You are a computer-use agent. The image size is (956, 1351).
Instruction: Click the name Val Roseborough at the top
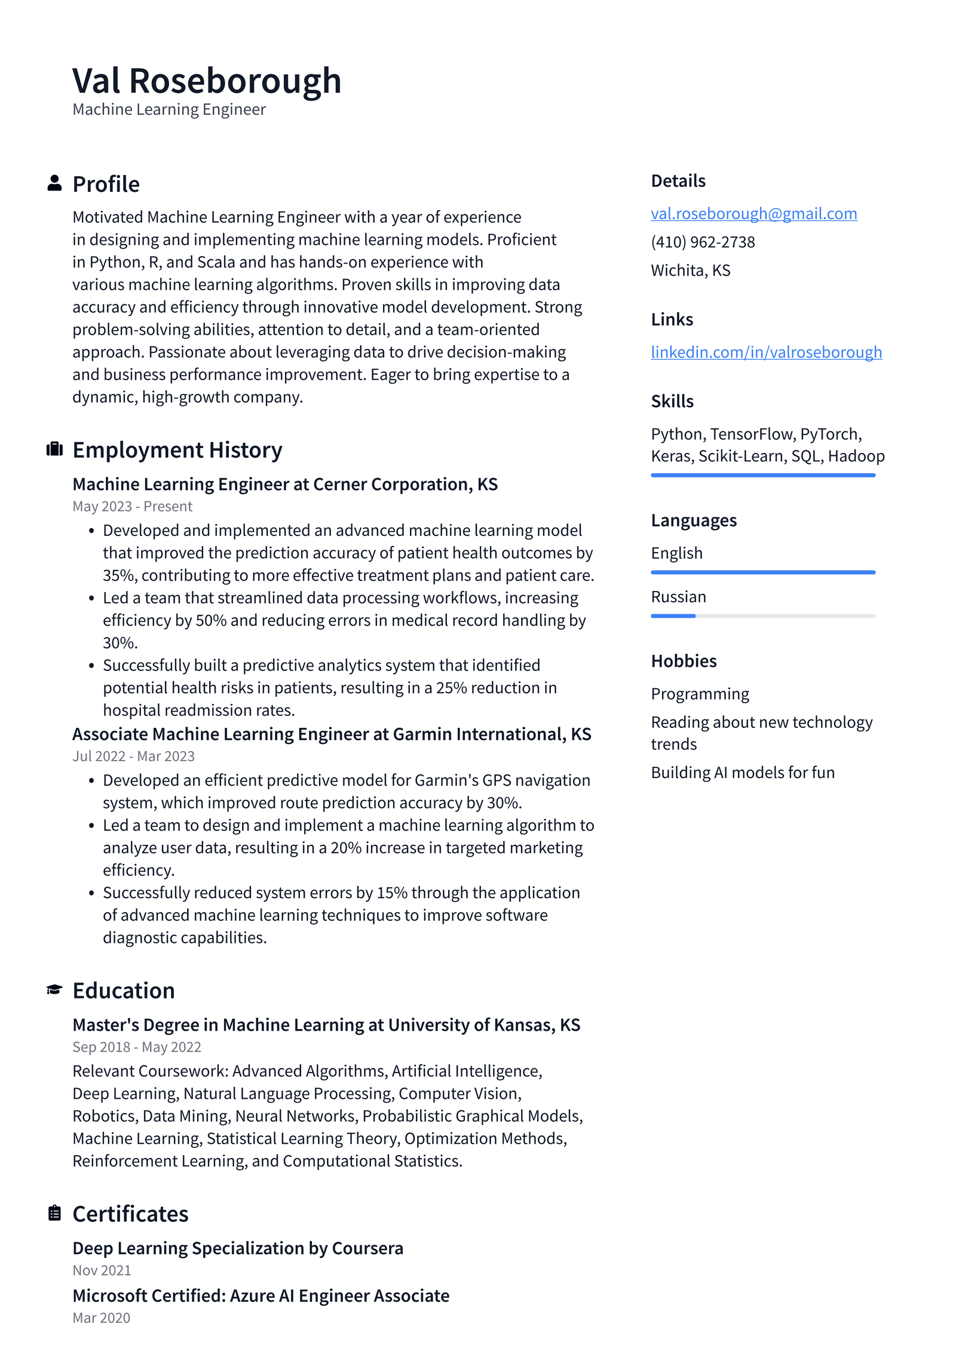coord(206,81)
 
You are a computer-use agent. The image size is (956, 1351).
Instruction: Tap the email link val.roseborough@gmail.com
coord(753,213)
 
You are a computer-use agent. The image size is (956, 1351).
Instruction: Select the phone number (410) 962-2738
coord(703,242)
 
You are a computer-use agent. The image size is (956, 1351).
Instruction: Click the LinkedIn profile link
coord(766,352)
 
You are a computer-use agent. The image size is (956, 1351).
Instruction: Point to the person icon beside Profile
coord(54,183)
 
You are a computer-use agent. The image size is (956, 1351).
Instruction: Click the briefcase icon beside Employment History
coord(54,449)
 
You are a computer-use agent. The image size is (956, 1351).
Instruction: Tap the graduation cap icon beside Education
coord(54,989)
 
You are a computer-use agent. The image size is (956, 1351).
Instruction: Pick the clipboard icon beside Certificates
coord(54,1213)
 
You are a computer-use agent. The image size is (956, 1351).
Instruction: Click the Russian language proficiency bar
coord(762,615)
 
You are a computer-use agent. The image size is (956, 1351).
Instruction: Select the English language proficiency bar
coord(762,572)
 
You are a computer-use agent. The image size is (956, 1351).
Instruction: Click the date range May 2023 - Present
coord(132,506)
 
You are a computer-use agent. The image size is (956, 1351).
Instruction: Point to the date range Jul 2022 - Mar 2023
coord(133,756)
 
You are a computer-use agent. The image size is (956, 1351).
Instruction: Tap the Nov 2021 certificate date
coord(102,1270)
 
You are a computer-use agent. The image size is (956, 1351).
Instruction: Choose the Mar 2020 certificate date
coord(101,1318)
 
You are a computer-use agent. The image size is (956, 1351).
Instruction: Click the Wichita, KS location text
coord(690,270)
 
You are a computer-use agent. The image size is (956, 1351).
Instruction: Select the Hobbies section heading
coord(684,661)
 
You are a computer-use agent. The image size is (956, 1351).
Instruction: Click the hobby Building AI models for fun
coord(742,772)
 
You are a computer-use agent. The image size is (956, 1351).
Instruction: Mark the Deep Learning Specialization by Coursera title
coord(238,1248)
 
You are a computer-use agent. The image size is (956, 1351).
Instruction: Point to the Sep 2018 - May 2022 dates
coord(137,1047)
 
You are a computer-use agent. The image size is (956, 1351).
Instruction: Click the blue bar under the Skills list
coord(762,475)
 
